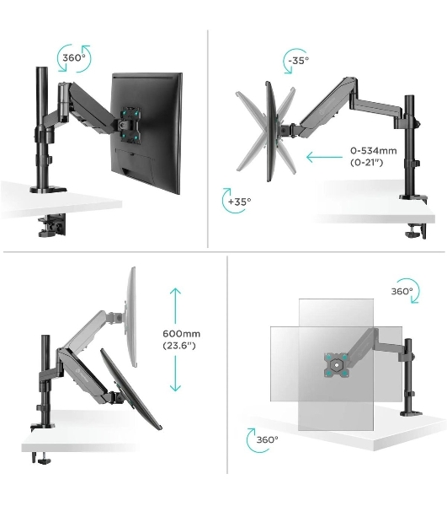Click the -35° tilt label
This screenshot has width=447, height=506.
[x=299, y=61]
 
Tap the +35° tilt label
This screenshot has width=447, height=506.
[x=239, y=202]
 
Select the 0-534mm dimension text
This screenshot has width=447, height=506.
[x=373, y=151]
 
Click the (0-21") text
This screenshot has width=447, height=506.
[x=367, y=162]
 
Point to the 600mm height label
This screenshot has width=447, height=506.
[x=181, y=334]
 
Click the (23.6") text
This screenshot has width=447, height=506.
[x=179, y=346]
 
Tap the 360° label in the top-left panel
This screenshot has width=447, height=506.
[x=74, y=58]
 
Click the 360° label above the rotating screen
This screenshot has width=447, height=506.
[x=402, y=292]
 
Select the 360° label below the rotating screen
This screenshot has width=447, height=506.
[x=268, y=439]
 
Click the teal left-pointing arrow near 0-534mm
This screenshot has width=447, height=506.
[x=325, y=158]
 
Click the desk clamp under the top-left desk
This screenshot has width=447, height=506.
[x=52, y=224]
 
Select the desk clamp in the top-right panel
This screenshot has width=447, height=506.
[x=418, y=231]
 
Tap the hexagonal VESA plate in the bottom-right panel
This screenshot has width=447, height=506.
[x=337, y=365]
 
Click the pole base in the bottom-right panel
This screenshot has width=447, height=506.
[x=411, y=412]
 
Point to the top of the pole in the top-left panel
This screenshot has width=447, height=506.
[x=41, y=68]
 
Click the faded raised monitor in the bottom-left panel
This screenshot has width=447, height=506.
[x=130, y=317]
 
